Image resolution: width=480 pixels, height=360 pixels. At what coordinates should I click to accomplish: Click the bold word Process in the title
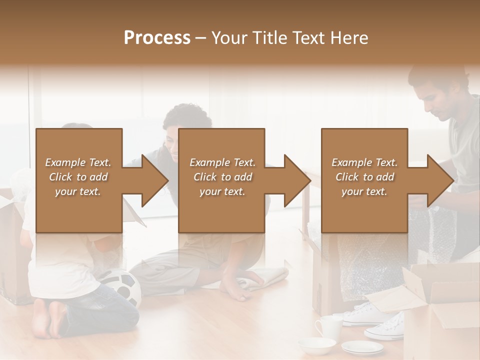click(157, 38)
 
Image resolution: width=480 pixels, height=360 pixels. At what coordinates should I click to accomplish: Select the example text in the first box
click(78, 177)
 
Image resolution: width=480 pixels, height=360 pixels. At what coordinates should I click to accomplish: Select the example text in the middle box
click(222, 177)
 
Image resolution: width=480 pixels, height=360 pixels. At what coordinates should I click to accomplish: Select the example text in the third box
click(364, 177)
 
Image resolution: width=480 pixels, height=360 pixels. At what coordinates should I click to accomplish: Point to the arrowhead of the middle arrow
click(296, 180)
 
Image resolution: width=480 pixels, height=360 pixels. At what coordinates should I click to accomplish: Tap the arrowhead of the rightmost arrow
click(440, 180)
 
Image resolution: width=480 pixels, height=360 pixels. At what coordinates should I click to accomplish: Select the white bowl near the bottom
click(317, 345)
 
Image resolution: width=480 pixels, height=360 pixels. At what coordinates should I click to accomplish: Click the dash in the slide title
click(201, 38)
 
